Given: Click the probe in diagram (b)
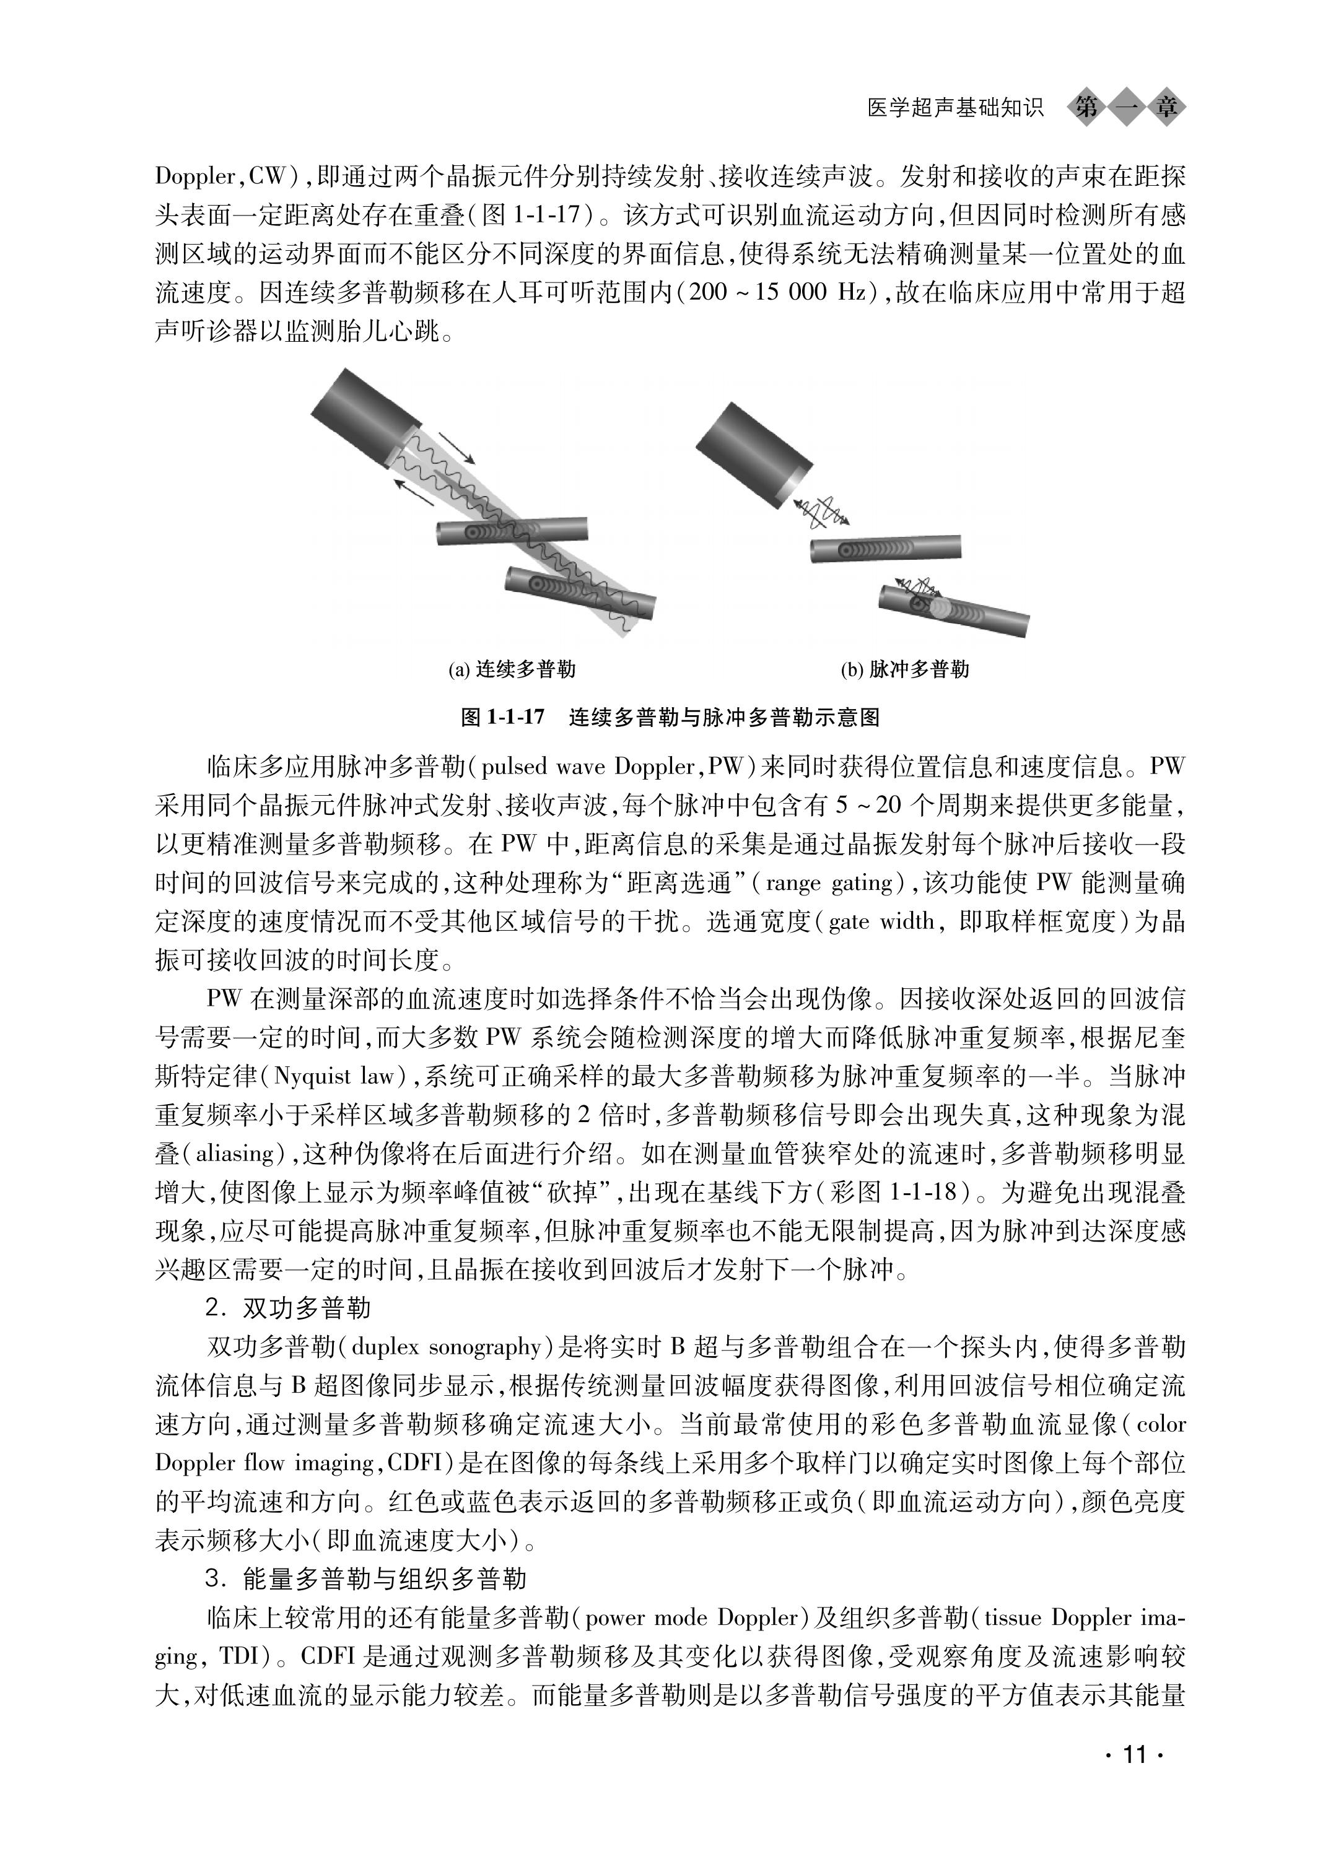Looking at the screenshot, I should click(x=749, y=452).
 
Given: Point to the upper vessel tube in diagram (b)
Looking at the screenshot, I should click(x=885, y=548).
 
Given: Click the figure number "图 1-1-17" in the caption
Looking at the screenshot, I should click(x=503, y=717).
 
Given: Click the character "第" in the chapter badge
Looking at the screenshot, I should click(x=1086, y=108).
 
